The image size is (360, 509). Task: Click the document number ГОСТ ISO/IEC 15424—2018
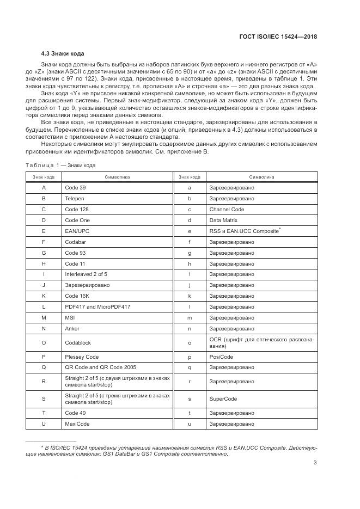tap(278, 36)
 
